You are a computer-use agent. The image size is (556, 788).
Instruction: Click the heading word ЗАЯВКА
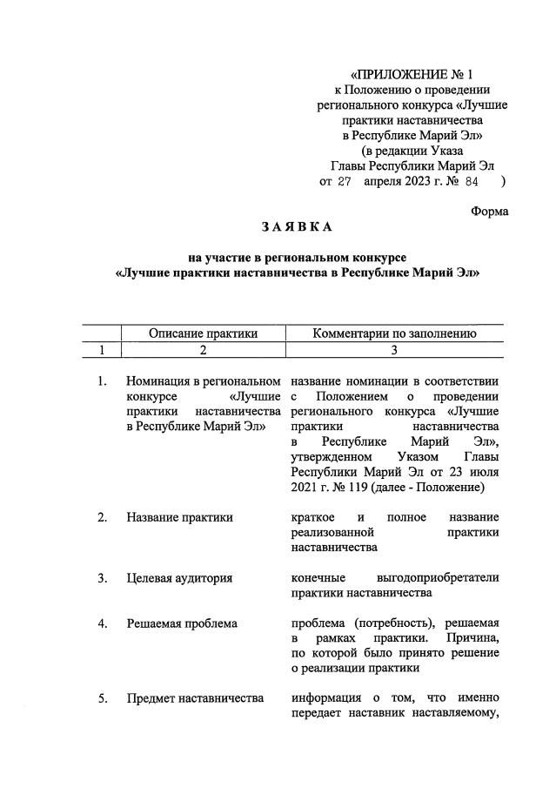[x=297, y=228]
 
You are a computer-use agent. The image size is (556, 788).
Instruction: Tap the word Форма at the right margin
[x=489, y=211]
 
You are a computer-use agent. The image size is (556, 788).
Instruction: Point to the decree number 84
[x=472, y=182]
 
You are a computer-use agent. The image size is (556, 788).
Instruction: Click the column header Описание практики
[x=204, y=333]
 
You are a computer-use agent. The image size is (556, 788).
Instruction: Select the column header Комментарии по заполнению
[x=393, y=333]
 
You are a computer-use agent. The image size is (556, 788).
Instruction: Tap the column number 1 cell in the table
[x=102, y=350]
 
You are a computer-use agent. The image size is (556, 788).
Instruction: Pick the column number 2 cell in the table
[x=204, y=350]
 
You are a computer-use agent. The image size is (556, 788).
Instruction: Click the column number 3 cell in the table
[x=393, y=350]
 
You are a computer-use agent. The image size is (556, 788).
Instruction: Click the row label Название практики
[x=179, y=517]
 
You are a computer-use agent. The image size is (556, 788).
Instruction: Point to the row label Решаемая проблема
[x=182, y=623]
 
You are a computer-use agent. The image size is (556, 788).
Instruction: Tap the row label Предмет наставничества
[x=195, y=698]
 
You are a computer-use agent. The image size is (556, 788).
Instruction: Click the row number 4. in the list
[x=103, y=623]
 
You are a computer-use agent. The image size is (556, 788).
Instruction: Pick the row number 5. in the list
[x=103, y=698]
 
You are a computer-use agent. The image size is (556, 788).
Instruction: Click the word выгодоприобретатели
[x=439, y=578]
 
